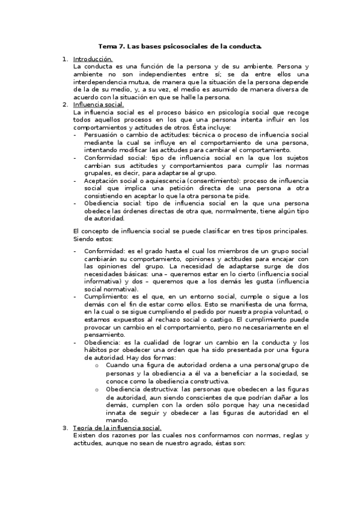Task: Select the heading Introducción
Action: [93, 59]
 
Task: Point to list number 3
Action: [66, 428]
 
